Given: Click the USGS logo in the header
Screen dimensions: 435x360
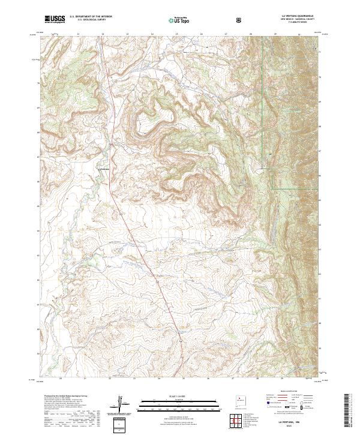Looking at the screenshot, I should [x=54, y=19].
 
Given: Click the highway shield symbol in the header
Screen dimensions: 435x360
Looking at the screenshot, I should [x=240, y=20].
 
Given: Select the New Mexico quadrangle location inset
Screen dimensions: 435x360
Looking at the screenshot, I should [x=241, y=401].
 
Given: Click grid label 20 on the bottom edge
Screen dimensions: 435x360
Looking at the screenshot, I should [x=61, y=379].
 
